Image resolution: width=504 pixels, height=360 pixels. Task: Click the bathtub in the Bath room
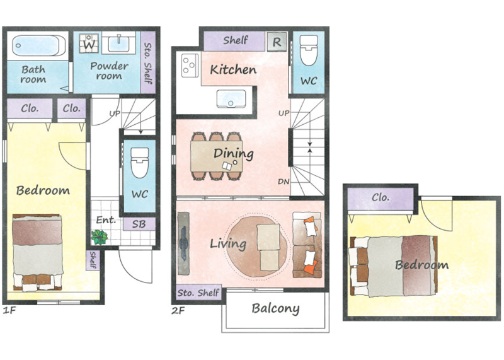click(39, 45)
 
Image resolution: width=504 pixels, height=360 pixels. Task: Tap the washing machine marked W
click(89, 43)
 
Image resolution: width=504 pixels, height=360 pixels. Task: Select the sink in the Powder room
click(119, 44)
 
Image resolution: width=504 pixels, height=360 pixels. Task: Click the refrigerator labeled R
click(277, 42)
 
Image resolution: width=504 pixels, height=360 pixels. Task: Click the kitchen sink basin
click(231, 98)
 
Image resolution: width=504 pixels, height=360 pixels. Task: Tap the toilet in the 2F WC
click(309, 50)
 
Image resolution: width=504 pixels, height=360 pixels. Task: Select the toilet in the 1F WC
click(140, 163)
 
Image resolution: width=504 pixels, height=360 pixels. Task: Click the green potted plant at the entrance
click(100, 237)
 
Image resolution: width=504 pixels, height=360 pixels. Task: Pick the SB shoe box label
click(139, 224)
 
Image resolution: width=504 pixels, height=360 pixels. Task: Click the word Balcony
click(275, 308)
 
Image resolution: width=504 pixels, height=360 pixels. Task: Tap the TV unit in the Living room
click(183, 243)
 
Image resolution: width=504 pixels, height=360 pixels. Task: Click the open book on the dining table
click(227, 166)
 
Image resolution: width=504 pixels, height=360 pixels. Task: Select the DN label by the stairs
click(283, 182)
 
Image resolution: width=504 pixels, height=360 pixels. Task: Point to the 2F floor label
click(178, 311)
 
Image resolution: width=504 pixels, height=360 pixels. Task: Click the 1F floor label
click(9, 310)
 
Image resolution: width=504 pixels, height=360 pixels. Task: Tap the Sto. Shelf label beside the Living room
click(198, 293)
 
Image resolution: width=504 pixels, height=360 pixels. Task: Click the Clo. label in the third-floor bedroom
click(381, 197)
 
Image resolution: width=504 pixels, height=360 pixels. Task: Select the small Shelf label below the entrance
click(93, 260)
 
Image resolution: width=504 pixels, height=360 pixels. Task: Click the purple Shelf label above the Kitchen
click(236, 40)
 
